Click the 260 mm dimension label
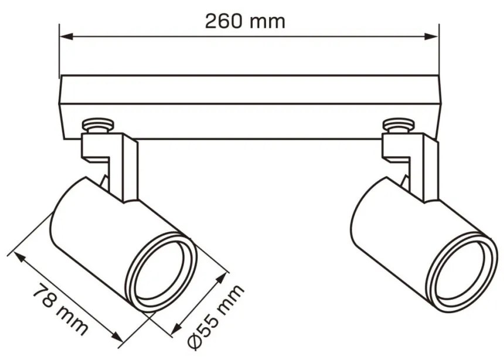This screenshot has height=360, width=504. click(x=245, y=22)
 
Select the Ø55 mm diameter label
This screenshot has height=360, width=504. click(x=216, y=317)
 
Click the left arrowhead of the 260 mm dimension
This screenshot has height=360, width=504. click(x=67, y=36)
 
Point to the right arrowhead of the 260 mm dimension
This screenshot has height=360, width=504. click(x=431, y=36)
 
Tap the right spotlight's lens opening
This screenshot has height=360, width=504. click(x=460, y=270)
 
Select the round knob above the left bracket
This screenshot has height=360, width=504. click(x=98, y=125)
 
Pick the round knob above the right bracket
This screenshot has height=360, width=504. click(x=399, y=125)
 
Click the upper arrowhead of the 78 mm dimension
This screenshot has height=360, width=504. click(x=19, y=257)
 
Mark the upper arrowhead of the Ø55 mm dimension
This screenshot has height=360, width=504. click(x=221, y=279)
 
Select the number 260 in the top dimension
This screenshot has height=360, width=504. click(x=223, y=22)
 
